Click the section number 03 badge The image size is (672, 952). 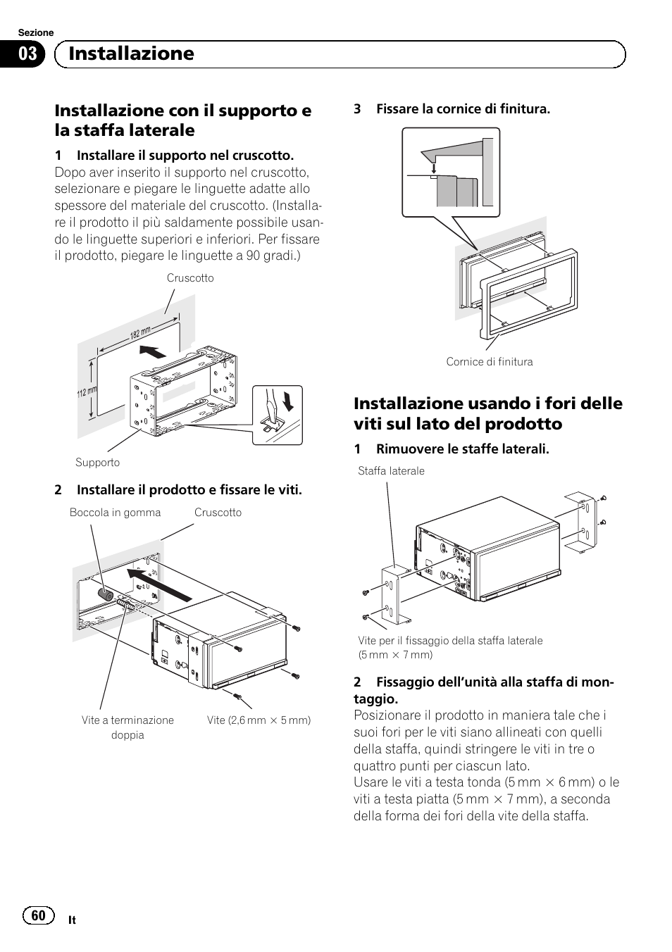coord(27,54)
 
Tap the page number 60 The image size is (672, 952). coord(38,915)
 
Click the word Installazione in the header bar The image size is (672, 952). coord(131,54)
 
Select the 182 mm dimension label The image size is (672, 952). coord(140,333)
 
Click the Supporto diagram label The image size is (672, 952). coord(97,463)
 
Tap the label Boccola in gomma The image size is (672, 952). coord(115,513)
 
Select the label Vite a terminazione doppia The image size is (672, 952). coord(127,727)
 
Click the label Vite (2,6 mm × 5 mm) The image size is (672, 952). coord(259,720)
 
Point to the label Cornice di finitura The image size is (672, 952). coord(490,362)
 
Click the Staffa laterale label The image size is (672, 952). coord(391,471)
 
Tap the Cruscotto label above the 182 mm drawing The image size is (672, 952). coord(190,278)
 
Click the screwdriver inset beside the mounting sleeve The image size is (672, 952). coord(278,415)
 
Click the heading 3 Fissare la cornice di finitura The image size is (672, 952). coord(452,109)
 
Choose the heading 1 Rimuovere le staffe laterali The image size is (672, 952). coord(452,449)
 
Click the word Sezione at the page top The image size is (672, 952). coord(35,33)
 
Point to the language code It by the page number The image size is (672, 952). coord(73,920)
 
